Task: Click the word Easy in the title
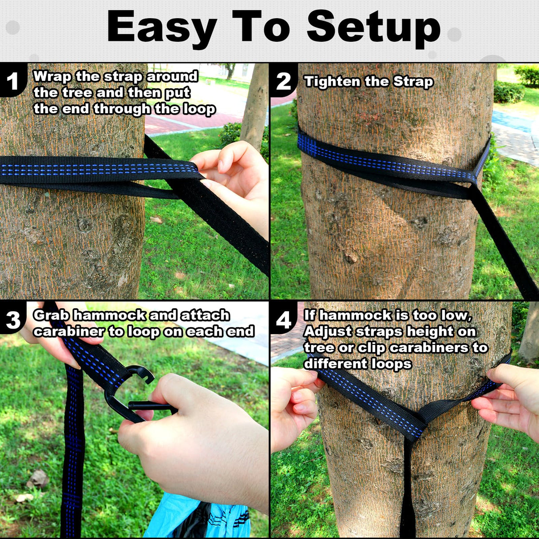[162, 28]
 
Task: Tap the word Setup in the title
[373, 28]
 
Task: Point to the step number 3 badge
[13, 320]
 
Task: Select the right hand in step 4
[511, 400]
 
